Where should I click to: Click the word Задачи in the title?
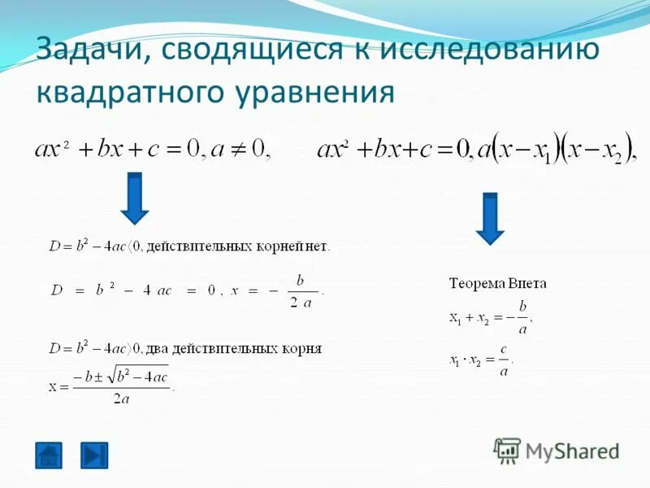(x=90, y=50)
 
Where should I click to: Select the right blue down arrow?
(x=489, y=218)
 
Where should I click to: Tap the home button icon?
(x=49, y=455)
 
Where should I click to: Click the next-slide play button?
(x=94, y=455)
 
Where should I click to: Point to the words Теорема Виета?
(x=498, y=284)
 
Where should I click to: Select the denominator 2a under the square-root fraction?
(x=122, y=398)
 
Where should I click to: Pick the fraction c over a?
(x=504, y=360)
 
